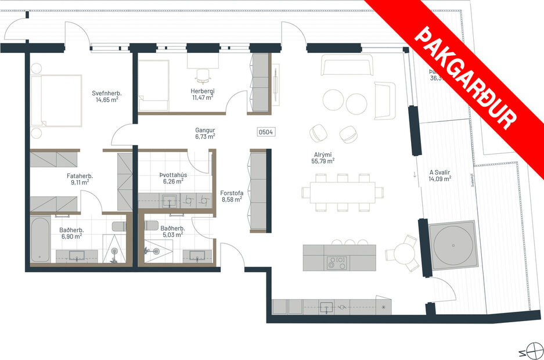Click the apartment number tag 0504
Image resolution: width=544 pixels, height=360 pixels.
(x=265, y=132)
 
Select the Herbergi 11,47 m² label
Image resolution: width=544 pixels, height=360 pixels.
(x=203, y=94)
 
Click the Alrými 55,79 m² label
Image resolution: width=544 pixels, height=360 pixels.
(x=322, y=157)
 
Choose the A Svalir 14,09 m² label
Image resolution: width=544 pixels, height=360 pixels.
(x=440, y=175)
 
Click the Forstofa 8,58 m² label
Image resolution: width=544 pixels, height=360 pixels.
(x=231, y=196)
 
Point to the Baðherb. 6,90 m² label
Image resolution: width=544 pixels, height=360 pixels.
(x=70, y=233)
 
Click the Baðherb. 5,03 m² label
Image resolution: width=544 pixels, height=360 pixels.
(x=172, y=232)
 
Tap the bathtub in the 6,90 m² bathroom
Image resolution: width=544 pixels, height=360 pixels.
(x=40, y=240)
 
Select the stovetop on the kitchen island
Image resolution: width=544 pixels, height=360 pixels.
(x=336, y=262)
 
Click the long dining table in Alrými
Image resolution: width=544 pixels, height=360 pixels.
(x=342, y=192)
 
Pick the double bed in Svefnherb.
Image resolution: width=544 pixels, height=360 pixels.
(x=57, y=100)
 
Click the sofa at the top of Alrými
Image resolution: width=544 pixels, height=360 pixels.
(x=347, y=66)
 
